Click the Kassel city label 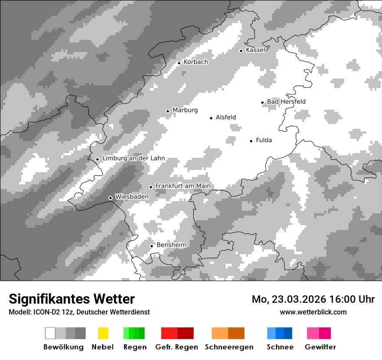pos(255,50)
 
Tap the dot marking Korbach pos(179,63)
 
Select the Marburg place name pos(185,110)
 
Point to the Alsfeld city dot pos(211,118)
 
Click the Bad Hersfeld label pos(286,101)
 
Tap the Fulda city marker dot pos(251,141)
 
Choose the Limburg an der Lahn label pos(134,158)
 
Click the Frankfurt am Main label pos(183,186)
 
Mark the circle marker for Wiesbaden pos(110,198)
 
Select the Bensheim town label pos(171,245)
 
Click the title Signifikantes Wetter pos(72,299)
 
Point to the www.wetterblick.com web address pos(313,312)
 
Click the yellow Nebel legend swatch pos(103,333)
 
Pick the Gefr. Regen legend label pos(177,347)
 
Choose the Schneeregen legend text pos(229,347)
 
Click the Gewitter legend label pos(320,347)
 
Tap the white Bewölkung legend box pos(50,333)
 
